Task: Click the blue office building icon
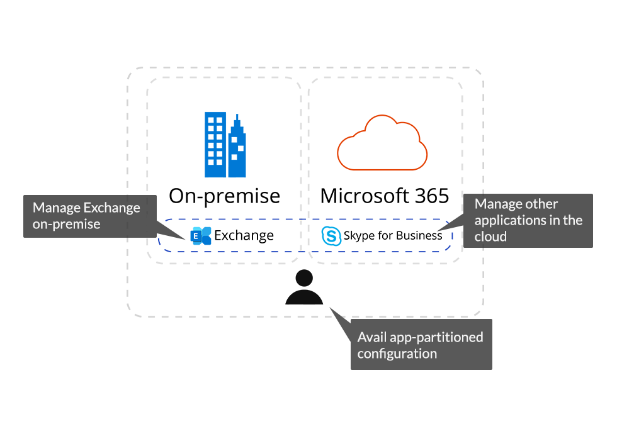(225, 145)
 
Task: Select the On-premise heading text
(224, 196)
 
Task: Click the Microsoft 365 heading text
(384, 196)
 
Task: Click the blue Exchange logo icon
(201, 236)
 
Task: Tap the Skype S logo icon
(331, 236)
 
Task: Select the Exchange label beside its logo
(244, 236)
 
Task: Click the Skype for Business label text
(393, 236)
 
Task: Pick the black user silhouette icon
(304, 288)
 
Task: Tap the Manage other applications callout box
(529, 220)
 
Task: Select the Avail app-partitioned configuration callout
(421, 345)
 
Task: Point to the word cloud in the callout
(490, 236)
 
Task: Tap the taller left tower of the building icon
(215, 145)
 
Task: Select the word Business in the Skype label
(419, 236)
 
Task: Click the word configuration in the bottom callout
(397, 353)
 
